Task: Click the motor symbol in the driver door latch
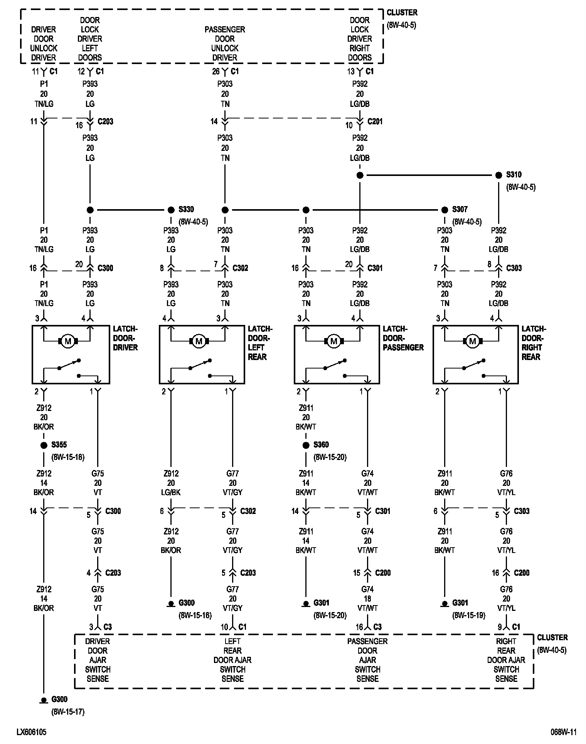pos(68,341)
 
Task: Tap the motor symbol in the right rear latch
pos(472,341)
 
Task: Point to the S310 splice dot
pos(498,175)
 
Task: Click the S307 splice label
pos(460,210)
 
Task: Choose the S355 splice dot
pos(44,445)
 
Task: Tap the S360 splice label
pos(321,445)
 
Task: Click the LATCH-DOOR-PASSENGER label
pos(403,338)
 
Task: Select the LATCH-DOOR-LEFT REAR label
pos(260,343)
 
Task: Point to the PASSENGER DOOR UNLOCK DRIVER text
pos(225,44)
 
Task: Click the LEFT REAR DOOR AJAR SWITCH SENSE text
pos(232,660)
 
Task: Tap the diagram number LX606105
pos(32,732)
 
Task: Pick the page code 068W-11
pos(563,732)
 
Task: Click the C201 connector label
pos(375,122)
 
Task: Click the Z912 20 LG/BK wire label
pos(171,483)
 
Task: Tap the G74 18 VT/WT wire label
pos(367,599)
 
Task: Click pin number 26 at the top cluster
pos(216,72)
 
